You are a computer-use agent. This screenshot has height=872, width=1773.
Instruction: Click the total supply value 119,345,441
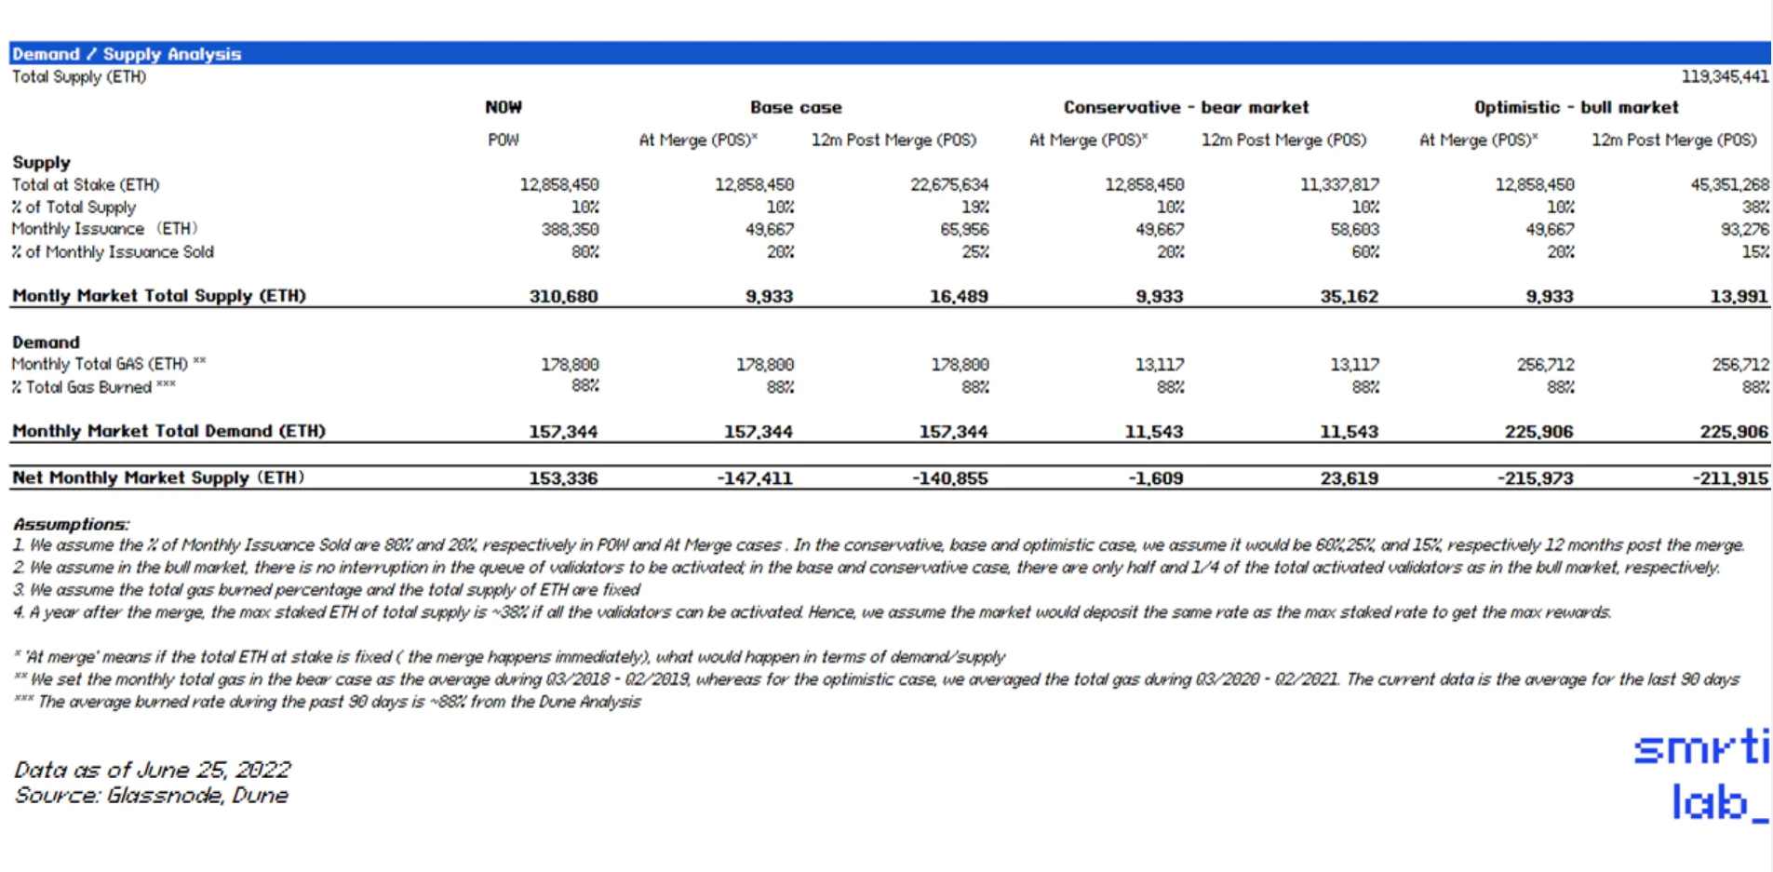[x=1724, y=76]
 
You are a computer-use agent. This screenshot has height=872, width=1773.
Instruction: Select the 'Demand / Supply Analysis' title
[x=127, y=54]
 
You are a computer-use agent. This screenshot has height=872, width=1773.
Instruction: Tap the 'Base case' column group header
[x=796, y=107]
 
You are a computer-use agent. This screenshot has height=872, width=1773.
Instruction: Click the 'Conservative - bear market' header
[x=1186, y=107]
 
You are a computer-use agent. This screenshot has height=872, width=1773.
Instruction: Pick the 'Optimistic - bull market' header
[x=1576, y=107]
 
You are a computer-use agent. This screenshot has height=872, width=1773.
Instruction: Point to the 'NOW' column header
[x=504, y=107]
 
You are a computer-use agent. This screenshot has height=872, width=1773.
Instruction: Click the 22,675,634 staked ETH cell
[x=949, y=184]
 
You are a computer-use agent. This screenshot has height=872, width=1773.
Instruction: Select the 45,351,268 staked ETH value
[x=1729, y=184]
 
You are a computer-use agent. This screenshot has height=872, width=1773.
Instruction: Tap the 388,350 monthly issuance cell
[x=570, y=229]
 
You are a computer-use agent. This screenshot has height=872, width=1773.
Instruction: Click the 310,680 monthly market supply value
[x=563, y=296]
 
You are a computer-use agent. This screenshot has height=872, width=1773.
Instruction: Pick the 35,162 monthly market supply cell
[x=1349, y=296]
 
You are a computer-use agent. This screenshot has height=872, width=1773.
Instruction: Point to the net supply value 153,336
[x=563, y=478]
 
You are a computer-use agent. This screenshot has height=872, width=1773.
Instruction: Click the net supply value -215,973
[x=1535, y=478]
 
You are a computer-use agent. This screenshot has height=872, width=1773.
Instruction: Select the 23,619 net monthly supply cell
[x=1349, y=478]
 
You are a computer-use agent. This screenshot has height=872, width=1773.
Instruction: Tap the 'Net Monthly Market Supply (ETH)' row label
[x=158, y=477]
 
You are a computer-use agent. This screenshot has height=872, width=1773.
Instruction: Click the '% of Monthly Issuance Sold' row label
[x=113, y=251]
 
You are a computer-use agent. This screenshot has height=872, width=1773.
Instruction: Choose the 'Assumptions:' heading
[x=72, y=524]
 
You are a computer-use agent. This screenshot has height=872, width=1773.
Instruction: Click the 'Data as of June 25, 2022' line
[x=153, y=770]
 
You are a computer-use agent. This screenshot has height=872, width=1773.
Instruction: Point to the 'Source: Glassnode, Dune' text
[x=151, y=796]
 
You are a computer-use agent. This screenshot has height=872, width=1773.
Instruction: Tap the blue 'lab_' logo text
[x=1718, y=802]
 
